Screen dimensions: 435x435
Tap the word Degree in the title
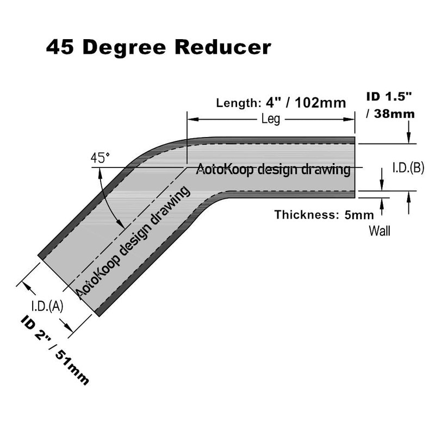pyautogui.click(x=130, y=47)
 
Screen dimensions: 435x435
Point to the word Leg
pyautogui.click(x=270, y=120)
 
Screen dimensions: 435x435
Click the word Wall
pyautogui.click(x=380, y=231)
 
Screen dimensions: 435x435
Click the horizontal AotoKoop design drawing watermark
pyautogui.click(x=272, y=169)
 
